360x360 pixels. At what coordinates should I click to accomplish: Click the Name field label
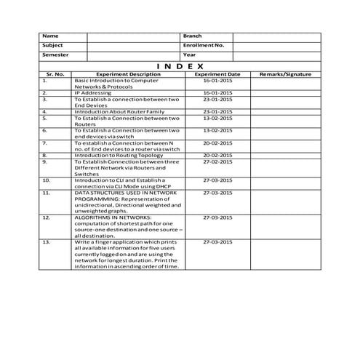50,36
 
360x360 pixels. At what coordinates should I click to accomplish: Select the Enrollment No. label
204,45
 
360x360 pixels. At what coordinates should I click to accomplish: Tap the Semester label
55,55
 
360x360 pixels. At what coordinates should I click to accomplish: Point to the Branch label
192,36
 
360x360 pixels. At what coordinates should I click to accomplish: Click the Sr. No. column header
55,74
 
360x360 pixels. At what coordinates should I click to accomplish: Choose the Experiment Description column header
128,74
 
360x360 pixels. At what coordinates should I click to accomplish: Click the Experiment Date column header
217,74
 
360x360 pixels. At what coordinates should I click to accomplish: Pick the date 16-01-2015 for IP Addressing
217,93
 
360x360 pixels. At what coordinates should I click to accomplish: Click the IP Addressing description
92,93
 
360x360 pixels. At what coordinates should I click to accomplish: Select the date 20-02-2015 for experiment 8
217,155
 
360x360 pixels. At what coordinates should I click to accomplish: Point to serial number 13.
47,241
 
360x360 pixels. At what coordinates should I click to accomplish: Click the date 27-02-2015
217,161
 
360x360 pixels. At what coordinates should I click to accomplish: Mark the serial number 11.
47,192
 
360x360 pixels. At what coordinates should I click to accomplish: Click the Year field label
189,55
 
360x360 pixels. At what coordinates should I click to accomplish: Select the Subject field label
52,45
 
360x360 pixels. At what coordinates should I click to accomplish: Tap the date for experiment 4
217,111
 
